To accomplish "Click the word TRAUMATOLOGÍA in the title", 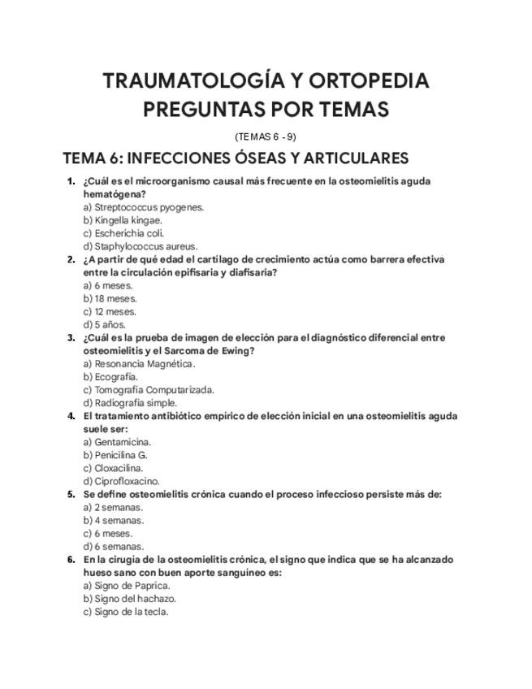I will coord(191,81).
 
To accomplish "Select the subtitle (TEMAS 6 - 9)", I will coord(266,136).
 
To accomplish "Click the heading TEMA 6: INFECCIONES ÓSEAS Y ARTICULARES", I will coord(236,158).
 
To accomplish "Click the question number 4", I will coord(71,415).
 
